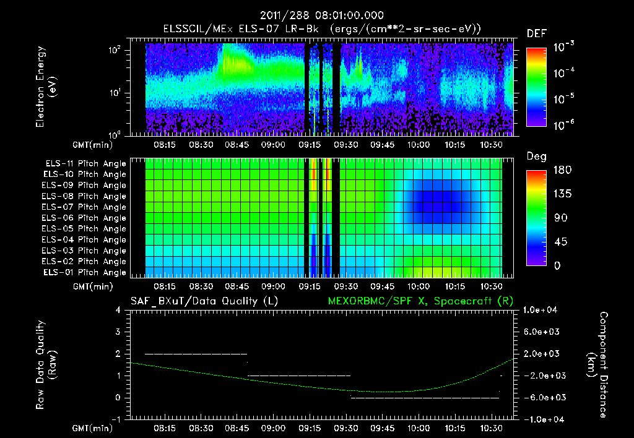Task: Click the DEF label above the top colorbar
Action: (x=536, y=33)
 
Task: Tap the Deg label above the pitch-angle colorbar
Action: (x=536, y=157)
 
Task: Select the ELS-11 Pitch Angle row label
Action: (x=85, y=164)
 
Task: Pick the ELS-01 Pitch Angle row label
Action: (x=85, y=273)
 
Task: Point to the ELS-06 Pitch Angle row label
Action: (x=85, y=218)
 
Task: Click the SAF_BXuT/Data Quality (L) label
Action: (x=204, y=301)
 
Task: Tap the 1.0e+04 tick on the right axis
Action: (x=542, y=310)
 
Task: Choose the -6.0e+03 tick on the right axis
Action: (x=542, y=398)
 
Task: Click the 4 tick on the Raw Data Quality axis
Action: (x=118, y=311)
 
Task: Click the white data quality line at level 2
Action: (x=196, y=354)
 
